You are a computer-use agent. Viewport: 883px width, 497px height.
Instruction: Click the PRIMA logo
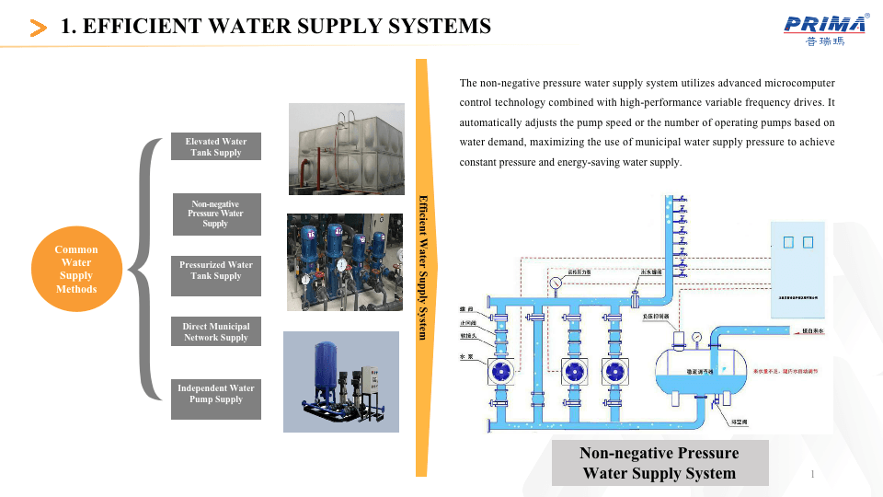826,29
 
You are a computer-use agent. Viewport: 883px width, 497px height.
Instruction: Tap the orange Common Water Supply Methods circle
76,269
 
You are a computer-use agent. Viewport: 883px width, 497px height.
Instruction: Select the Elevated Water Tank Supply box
216,147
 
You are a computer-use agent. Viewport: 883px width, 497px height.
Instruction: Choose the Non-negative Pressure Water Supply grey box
215,214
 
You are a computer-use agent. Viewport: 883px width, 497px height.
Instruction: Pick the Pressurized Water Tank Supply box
216,275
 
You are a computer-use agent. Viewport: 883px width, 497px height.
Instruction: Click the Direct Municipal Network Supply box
216,331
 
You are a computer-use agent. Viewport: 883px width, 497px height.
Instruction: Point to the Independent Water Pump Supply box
216,399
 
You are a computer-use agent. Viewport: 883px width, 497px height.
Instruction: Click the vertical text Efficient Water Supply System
423,267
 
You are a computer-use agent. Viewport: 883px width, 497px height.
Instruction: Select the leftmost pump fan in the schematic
502,371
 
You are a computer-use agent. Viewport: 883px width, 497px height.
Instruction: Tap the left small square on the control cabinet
787,243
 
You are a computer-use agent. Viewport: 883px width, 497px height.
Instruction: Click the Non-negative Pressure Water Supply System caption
659,463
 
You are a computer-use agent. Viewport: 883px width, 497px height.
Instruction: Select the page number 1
814,474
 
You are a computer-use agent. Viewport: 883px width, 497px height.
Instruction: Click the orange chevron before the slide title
39,29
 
